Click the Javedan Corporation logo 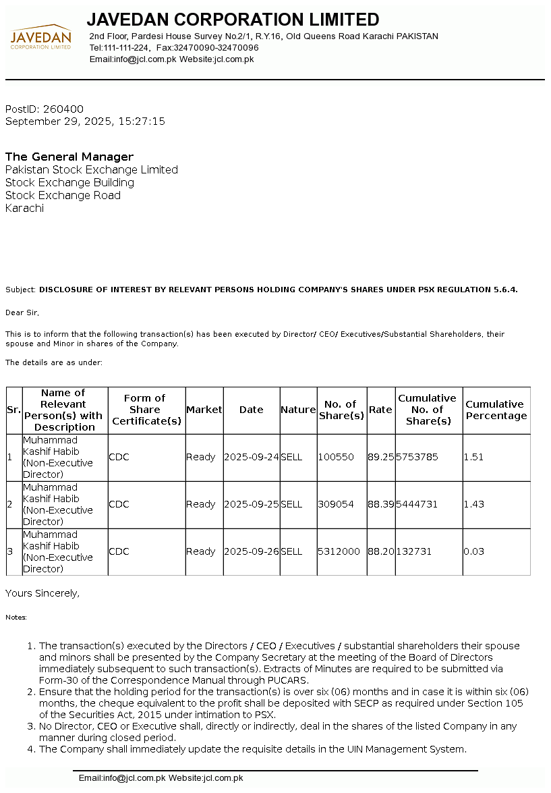[x=40, y=38]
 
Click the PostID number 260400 [x=63, y=109]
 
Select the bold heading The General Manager [x=69, y=157]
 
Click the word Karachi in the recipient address [x=24, y=209]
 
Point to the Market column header [x=204, y=410]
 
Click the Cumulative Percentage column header [x=496, y=410]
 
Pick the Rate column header [x=380, y=410]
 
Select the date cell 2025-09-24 [x=251, y=457]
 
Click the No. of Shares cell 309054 [x=336, y=504]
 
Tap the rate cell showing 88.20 [x=381, y=551]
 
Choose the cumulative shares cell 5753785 [x=417, y=457]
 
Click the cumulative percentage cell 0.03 [x=474, y=551]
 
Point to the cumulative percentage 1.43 [x=474, y=504]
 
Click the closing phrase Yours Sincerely [x=42, y=593]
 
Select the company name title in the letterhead [x=233, y=20]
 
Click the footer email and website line [x=161, y=778]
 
